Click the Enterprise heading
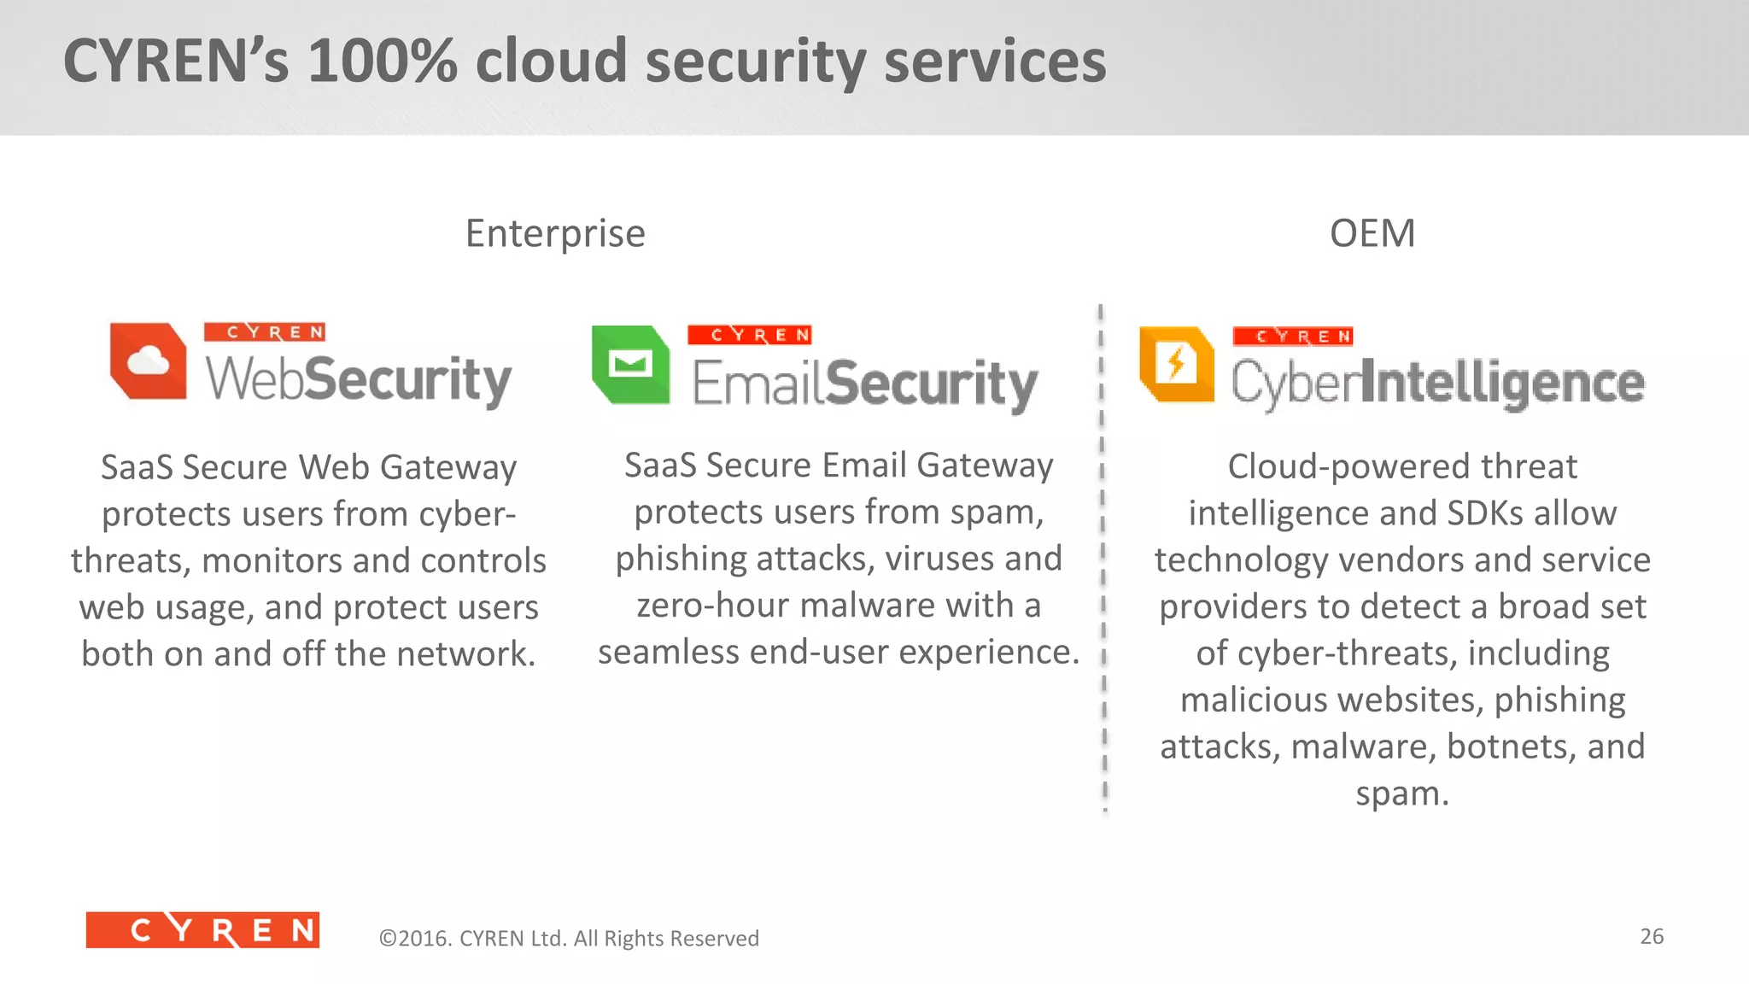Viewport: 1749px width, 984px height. point(555,233)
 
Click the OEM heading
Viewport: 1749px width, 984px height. point(1372,233)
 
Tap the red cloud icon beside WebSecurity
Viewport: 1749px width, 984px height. point(149,360)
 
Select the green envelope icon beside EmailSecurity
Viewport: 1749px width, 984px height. point(630,364)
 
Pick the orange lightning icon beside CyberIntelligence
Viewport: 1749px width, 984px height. point(1177,364)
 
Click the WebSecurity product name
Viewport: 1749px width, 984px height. point(359,378)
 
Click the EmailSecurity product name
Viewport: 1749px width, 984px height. point(864,383)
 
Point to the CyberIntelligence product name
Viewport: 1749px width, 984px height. point(1437,383)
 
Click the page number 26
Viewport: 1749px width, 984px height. point(1652,936)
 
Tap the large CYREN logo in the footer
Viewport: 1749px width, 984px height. point(202,930)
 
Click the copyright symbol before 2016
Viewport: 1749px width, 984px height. point(388,939)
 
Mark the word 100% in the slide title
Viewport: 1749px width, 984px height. point(382,61)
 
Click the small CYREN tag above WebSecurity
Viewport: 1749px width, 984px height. point(265,332)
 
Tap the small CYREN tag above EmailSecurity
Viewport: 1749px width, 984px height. point(749,335)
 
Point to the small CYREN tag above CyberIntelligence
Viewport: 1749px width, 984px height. point(1293,337)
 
